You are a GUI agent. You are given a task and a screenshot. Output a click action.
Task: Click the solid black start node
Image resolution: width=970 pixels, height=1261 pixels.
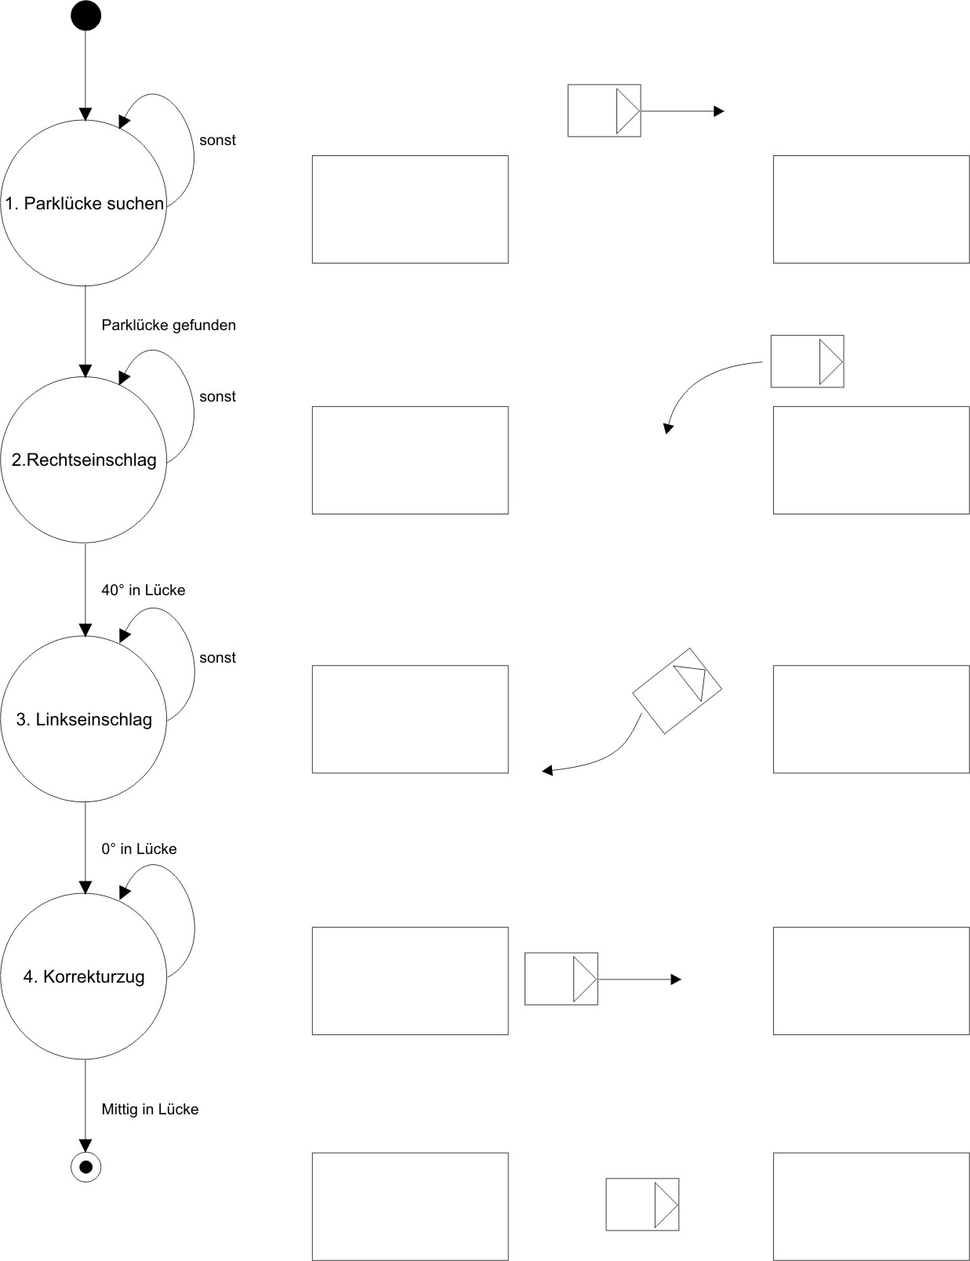coord(85,16)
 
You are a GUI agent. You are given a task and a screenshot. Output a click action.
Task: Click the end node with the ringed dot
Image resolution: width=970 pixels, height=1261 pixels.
coord(85,1167)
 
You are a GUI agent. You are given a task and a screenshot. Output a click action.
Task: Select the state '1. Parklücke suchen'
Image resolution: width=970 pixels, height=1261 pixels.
coord(84,204)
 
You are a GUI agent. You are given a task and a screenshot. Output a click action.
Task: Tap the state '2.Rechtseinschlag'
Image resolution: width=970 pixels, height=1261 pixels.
coord(84,460)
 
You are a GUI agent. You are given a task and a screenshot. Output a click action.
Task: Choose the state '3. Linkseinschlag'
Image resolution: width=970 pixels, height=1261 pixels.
coord(84,719)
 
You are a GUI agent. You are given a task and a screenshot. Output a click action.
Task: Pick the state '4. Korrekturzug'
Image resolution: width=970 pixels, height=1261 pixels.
coord(84,977)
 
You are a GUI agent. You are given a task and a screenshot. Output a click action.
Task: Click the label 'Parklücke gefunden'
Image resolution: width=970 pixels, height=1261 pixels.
coord(169,325)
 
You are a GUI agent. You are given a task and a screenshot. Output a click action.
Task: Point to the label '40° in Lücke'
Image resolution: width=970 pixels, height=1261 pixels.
coord(144,591)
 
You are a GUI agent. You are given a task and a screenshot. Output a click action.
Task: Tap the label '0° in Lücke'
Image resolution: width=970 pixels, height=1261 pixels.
coord(139,849)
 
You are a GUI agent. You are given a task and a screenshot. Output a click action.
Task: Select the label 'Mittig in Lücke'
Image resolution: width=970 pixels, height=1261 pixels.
coord(150,1110)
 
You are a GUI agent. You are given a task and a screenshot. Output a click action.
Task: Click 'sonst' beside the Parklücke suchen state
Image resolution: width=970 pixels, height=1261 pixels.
coord(217,141)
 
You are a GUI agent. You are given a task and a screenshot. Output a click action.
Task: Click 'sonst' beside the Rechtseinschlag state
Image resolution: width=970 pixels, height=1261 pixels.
coord(217,397)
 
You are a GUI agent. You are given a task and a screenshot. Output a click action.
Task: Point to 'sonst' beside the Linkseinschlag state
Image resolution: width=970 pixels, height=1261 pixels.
coord(217,658)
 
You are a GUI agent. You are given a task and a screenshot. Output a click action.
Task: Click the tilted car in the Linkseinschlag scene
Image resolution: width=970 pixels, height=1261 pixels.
coord(677,691)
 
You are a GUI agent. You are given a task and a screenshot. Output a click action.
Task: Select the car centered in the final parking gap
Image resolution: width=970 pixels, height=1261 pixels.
coord(642,1204)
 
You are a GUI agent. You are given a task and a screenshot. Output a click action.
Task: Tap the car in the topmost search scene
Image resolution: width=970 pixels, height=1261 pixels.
coord(604,111)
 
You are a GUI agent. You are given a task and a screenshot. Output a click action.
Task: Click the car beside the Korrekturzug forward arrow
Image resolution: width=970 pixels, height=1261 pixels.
coord(561,979)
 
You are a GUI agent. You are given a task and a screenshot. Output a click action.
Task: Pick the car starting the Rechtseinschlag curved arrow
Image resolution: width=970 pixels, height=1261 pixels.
coord(807,362)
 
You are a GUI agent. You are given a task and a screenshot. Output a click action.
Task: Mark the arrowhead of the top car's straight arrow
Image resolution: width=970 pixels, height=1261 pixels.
coord(719,111)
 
